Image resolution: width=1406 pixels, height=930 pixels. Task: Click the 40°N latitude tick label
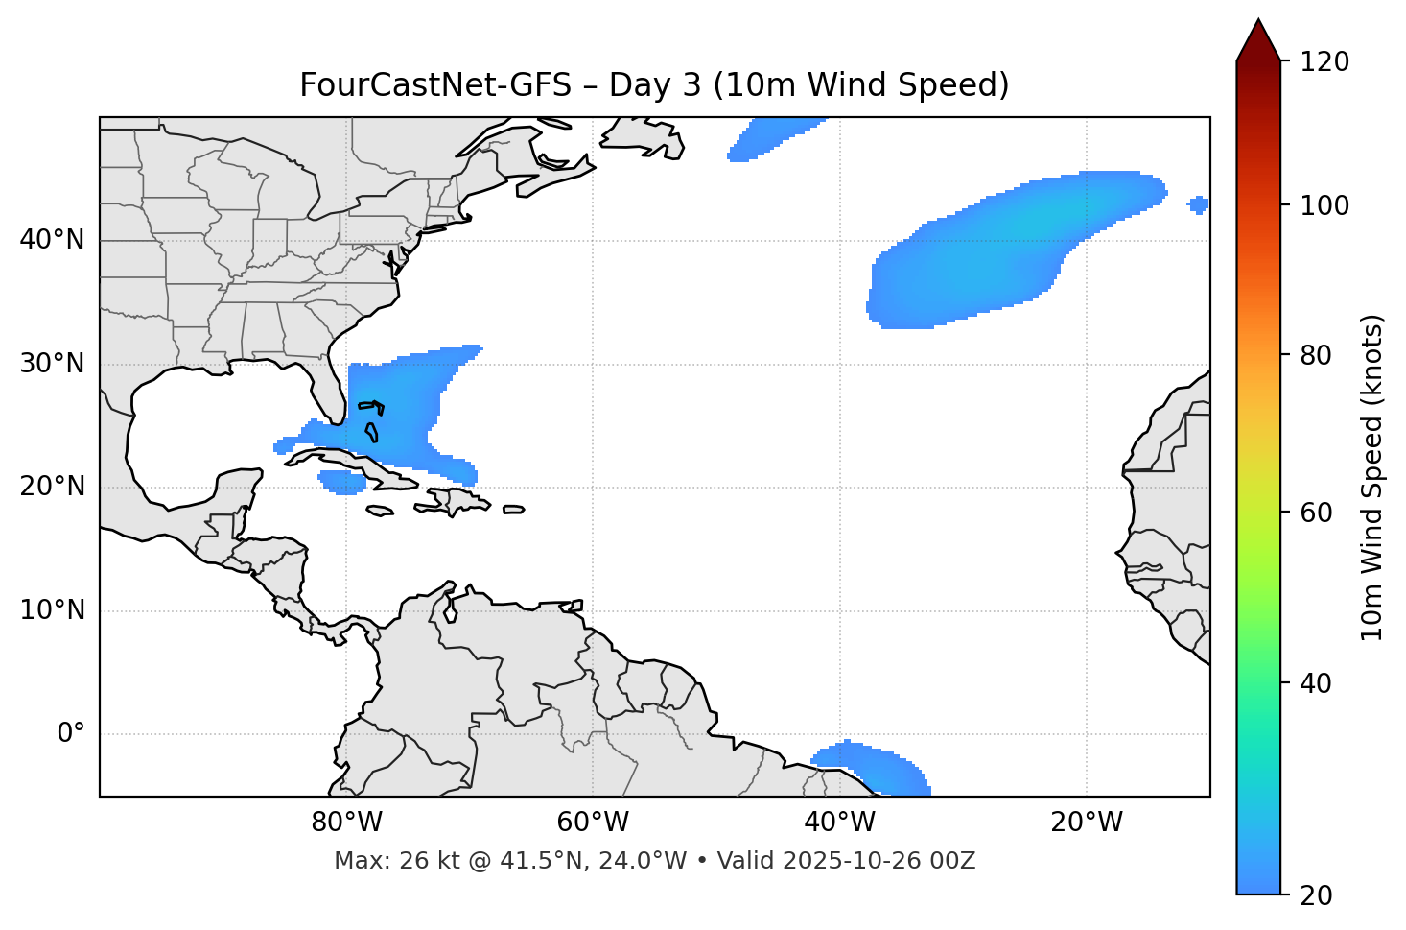coord(52,240)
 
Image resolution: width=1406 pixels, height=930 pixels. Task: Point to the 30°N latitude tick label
coord(52,364)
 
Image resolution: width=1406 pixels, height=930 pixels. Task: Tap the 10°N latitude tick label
coord(52,610)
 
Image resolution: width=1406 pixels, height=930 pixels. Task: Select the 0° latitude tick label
coord(71,734)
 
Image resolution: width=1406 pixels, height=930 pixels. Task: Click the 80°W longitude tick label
coord(346,823)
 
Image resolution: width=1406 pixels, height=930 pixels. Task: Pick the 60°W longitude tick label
coord(593,823)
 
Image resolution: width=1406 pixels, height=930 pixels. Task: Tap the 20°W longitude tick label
coord(1087,823)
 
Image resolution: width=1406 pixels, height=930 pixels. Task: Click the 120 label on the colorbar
coord(1324,62)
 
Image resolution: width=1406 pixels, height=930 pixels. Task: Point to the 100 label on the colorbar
coord(1324,205)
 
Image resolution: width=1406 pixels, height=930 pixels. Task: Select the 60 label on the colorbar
coord(1316,513)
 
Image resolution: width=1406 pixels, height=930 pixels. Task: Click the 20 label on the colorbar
coord(1316,895)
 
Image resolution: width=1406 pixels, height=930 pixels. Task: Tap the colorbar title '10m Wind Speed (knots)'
coord(1372,478)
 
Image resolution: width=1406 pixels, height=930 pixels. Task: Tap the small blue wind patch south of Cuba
coord(342,482)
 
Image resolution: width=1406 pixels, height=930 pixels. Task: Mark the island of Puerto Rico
coord(514,510)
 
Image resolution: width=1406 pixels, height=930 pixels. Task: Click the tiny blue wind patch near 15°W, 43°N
coord(1198,203)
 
